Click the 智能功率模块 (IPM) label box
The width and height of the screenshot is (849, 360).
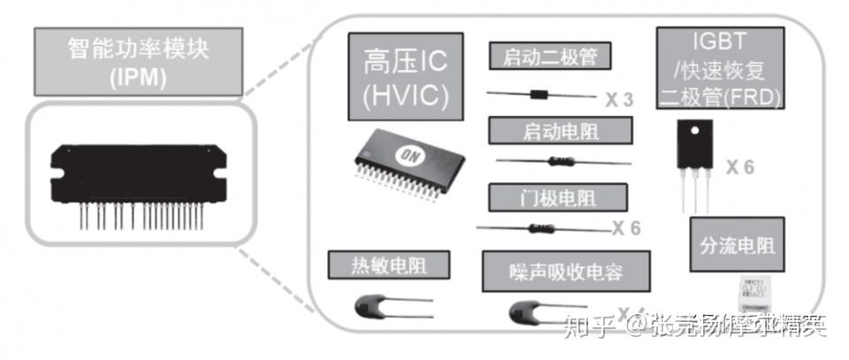136,61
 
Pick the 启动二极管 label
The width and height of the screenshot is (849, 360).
550,57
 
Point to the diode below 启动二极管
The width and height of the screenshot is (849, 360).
539,95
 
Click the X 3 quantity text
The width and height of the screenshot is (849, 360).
620,99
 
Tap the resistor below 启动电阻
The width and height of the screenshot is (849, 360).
557,162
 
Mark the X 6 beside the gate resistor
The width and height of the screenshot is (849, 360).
625,228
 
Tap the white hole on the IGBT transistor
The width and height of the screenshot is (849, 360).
696,132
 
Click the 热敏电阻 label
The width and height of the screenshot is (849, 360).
388,264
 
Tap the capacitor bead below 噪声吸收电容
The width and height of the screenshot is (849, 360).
524,311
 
